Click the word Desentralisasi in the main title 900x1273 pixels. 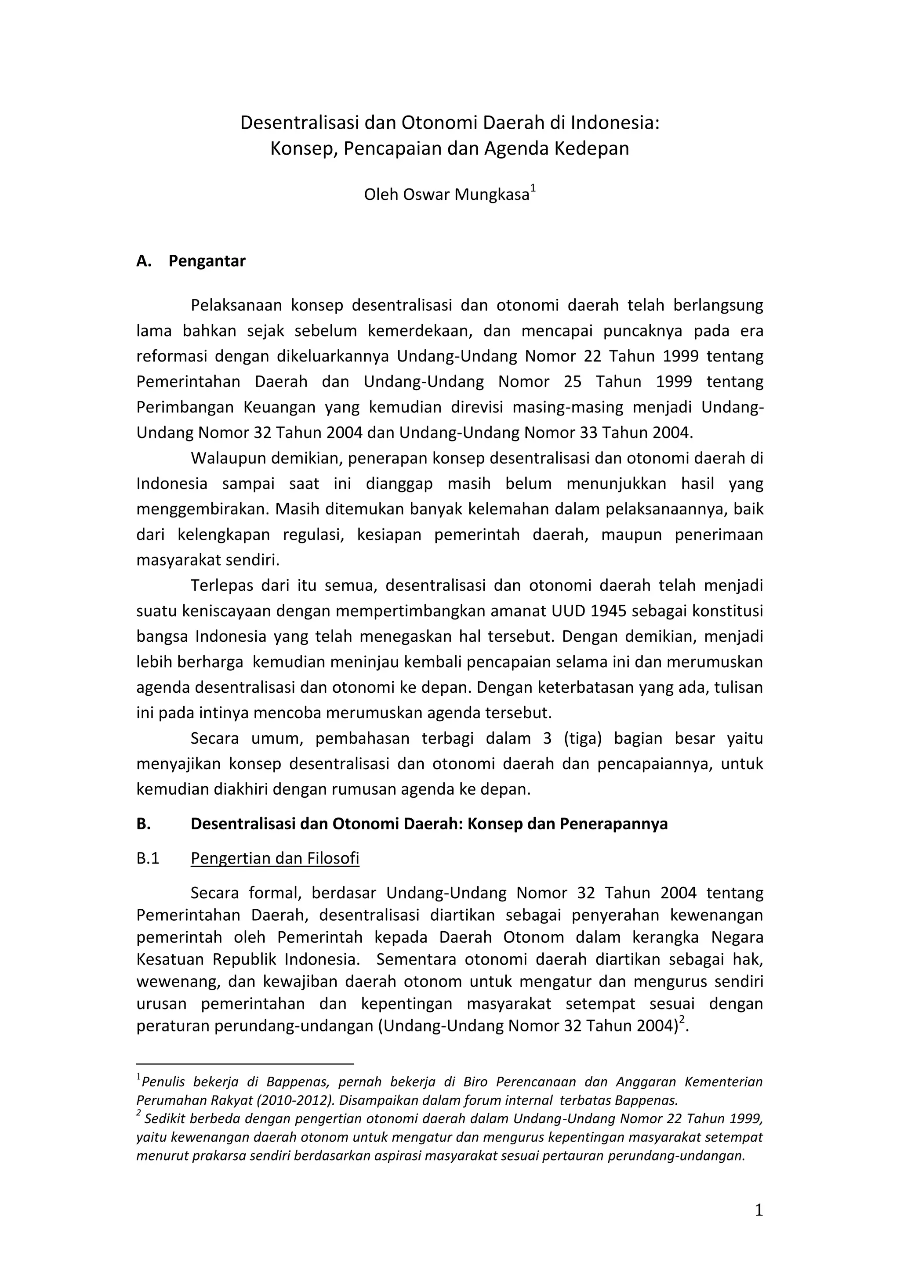(299, 123)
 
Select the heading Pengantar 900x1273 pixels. (207, 260)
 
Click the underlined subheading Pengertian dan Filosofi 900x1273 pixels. (275, 858)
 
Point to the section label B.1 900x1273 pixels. (148, 858)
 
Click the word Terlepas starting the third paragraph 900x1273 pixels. (222, 586)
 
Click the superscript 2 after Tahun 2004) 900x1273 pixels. (682, 1019)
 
